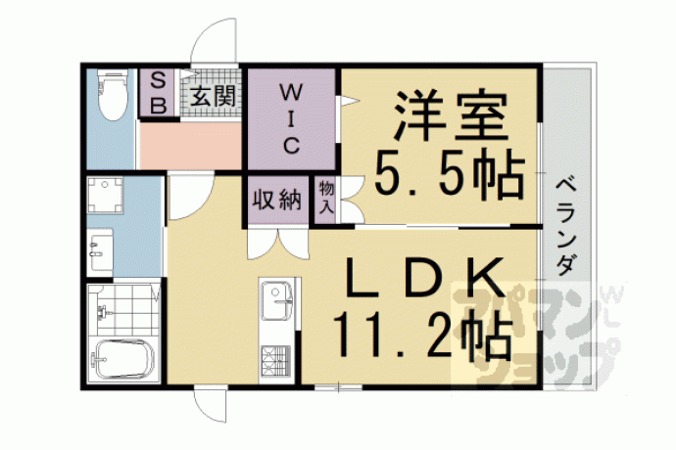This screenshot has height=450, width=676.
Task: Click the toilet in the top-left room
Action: (x=112, y=95)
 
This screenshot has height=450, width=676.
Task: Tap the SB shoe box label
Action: (x=158, y=93)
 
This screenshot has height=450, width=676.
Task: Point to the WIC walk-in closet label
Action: (x=291, y=118)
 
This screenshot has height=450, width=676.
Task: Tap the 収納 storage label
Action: (x=277, y=200)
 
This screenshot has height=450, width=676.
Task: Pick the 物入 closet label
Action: (x=326, y=198)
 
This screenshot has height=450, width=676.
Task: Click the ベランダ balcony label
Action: (x=565, y=227)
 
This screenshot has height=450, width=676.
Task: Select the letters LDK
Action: (x=426, y=278)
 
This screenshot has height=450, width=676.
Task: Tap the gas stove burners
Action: (x=275, y=361)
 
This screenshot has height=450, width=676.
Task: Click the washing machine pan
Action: (x=105, y=196)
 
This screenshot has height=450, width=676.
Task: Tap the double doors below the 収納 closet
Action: (x=278, y=245)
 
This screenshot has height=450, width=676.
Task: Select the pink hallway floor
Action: (x=190, y=146)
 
